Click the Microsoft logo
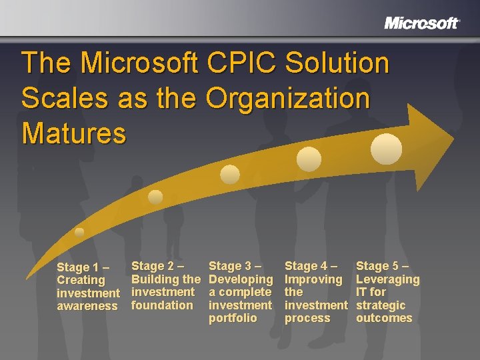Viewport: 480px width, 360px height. click(421, 23)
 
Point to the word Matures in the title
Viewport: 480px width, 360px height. click(73, 133)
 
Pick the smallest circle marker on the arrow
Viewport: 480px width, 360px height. click(79, 233)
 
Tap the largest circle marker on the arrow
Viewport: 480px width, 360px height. click(386, 148)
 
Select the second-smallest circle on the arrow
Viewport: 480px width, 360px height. click(155, 197)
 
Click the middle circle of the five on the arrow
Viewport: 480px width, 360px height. click(230, 175)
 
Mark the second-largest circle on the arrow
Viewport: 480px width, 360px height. click(309, 159)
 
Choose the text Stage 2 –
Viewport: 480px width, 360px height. click(158, 266)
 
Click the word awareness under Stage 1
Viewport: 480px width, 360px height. click(87, 306)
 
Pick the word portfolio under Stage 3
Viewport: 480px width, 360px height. click(233, 318)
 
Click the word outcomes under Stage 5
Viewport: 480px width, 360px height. click(384, 318)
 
